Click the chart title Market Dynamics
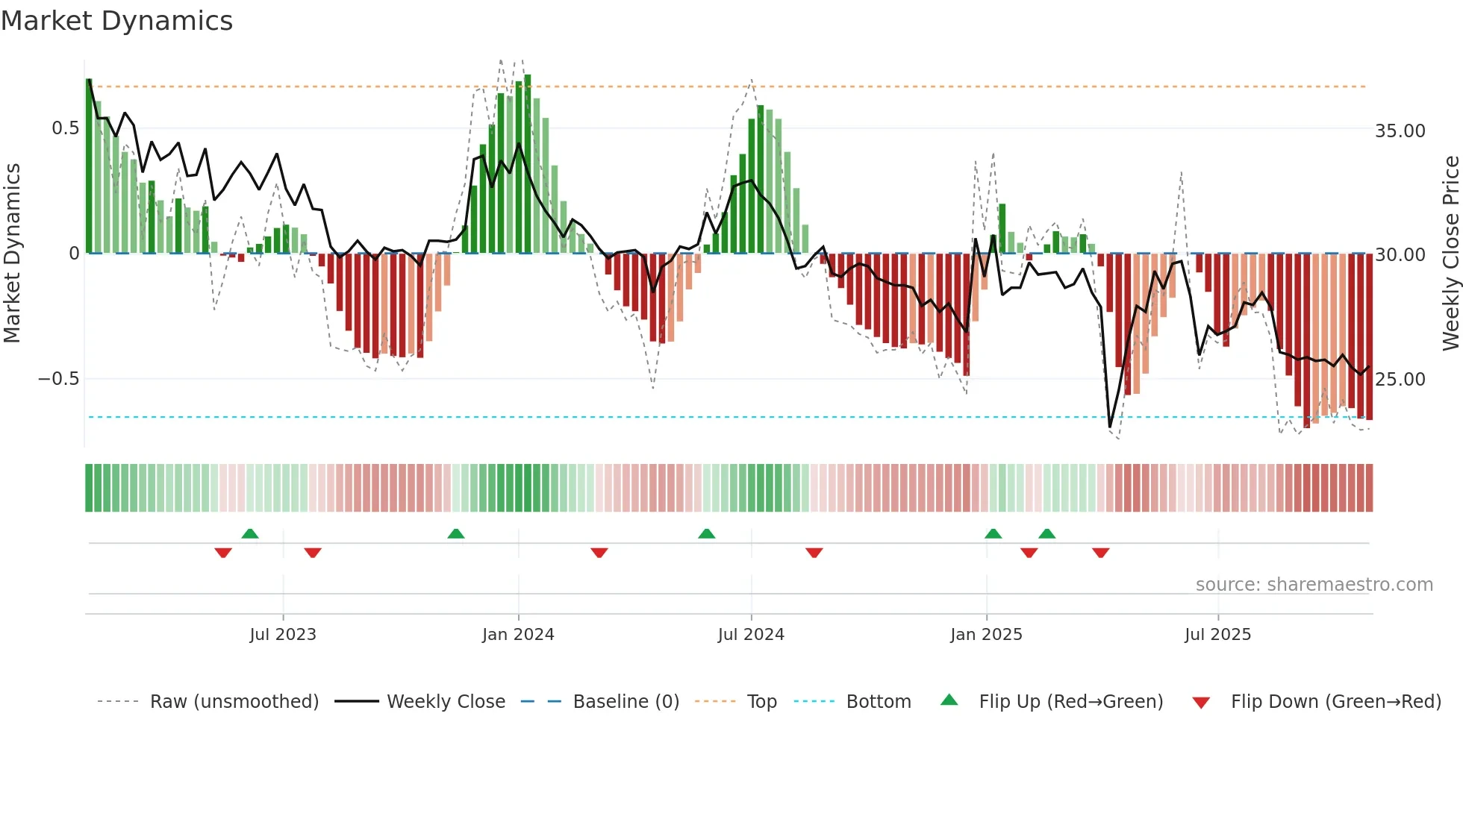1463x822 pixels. click(117, 21)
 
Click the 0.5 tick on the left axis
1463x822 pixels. click(65, 128)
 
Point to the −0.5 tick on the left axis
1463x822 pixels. click(58, 379)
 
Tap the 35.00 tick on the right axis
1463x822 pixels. click(1400, 131)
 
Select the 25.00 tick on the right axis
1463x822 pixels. click(1400, 380)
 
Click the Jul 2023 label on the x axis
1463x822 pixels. click(283, 635)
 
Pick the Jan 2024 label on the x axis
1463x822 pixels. click(518, 635)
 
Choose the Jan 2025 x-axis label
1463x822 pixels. click(986, 635)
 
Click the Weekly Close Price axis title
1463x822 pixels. click(1450, 254)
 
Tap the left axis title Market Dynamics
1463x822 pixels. click(12, 254)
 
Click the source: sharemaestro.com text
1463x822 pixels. click(1314, 585)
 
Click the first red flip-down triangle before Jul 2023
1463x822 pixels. click(223, 553)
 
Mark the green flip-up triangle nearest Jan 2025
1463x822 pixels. click(993, 533)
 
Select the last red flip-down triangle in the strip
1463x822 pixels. click(1100, 553)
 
